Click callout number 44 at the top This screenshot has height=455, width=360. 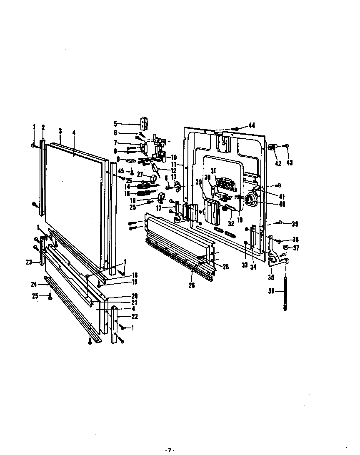(251, 125)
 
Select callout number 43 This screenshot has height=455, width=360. (289, 163)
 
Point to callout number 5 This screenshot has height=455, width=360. (115, 124)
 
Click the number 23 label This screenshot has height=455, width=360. (29, 263)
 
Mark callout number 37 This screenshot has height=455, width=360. (296, 248)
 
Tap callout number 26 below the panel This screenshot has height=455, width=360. (191, 285)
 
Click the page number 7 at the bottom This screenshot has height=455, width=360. (169, 450)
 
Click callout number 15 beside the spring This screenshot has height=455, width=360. (127, 193)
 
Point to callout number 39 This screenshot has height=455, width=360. (295, 224)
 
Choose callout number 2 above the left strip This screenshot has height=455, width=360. (42, 127)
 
